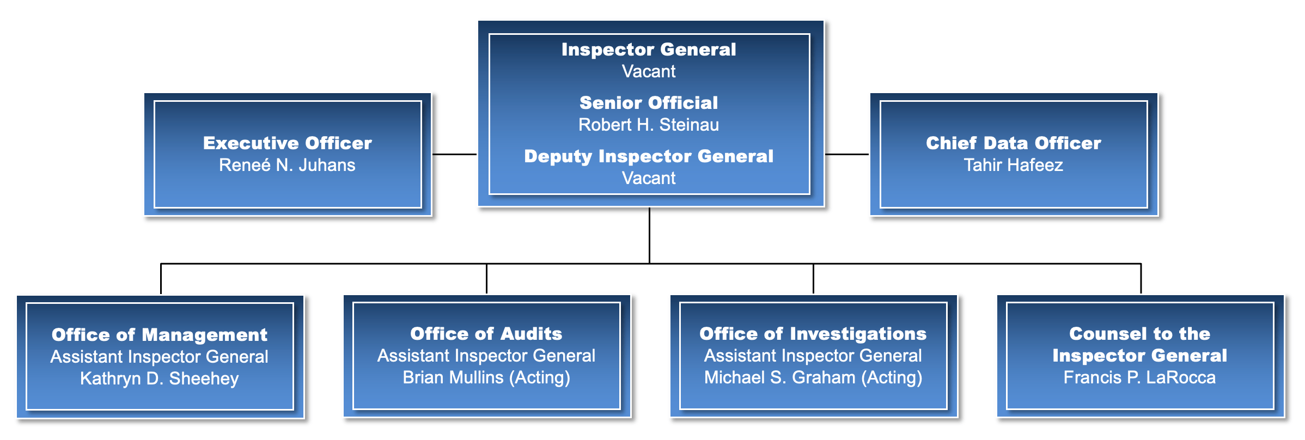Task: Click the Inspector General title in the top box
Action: pos(649,50)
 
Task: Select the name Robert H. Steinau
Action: pos(649,125)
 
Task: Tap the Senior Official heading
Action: pos(649,103)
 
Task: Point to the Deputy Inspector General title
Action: pos(649,156)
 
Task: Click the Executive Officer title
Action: pos(288,143)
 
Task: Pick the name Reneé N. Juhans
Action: pos(287,165)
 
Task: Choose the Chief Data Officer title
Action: pos(1014,143)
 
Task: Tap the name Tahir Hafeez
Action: pos(1014,165)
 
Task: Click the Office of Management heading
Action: pos(160,335)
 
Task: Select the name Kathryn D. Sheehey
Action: pos(160,378)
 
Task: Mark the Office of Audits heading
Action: pos(486,334)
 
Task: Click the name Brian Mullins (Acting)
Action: pos(486,377)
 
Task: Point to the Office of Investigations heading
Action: pos(813,334)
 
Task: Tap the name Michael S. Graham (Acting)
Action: pos(813,377)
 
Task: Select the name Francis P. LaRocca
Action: pos(1140,377)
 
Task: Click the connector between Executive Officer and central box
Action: pos(455,154)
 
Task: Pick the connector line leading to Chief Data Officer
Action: pos(847,154)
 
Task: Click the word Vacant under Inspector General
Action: pos(649,71)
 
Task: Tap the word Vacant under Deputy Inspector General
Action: pos(649,178)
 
